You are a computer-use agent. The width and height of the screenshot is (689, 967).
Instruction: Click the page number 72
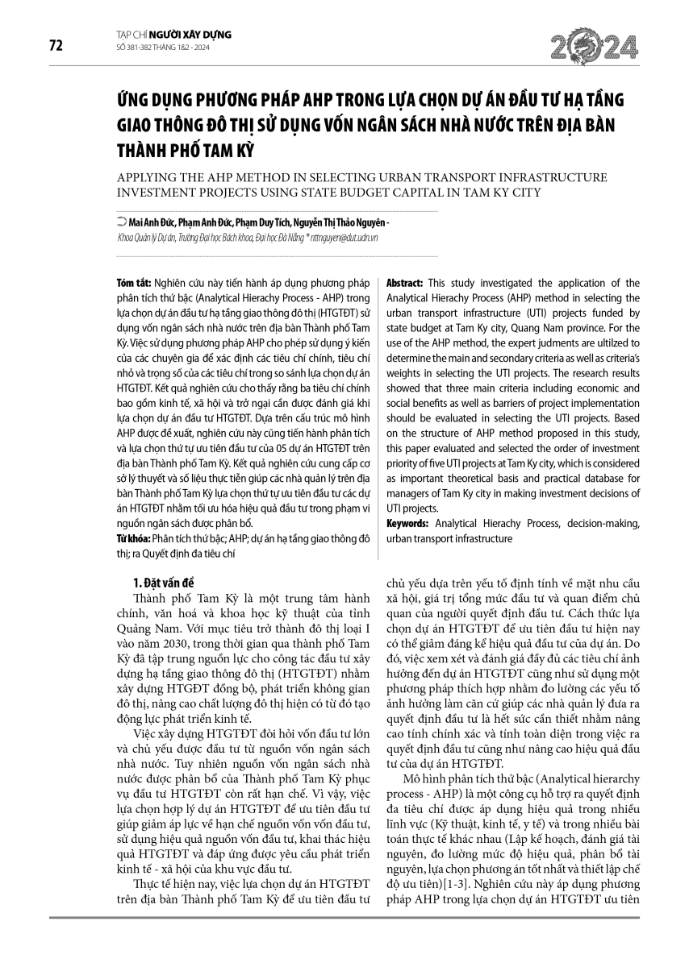pos(56,46)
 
